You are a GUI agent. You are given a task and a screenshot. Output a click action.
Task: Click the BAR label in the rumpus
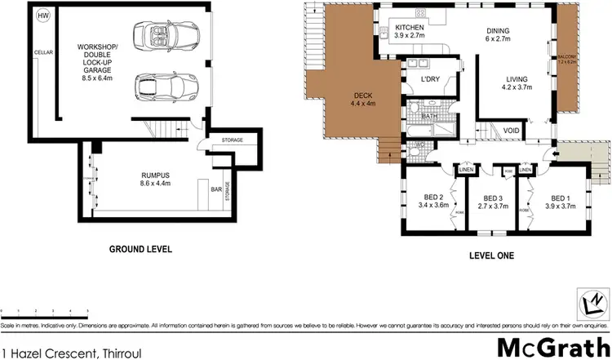[x=216, y=190]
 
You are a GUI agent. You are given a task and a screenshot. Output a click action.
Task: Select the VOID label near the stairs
[x=512, y=131]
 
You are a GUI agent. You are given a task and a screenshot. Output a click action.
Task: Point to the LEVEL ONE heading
[x=492, y=256]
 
